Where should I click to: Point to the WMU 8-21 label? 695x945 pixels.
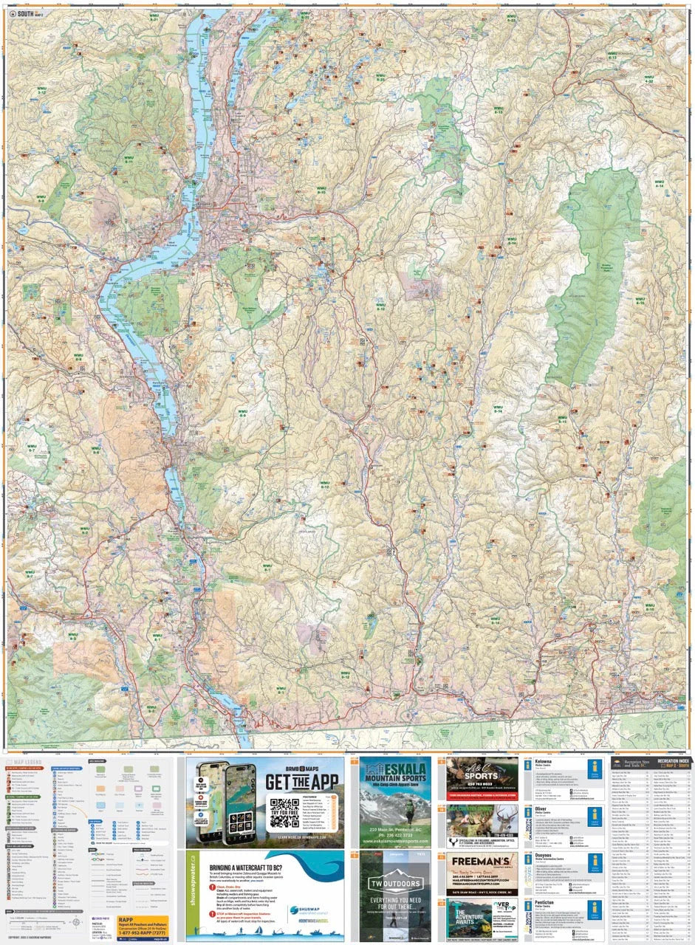tap(510, 18)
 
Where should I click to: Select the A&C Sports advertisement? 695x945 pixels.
tap(482, 778)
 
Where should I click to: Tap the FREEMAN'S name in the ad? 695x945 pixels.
tap(481, 862)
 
